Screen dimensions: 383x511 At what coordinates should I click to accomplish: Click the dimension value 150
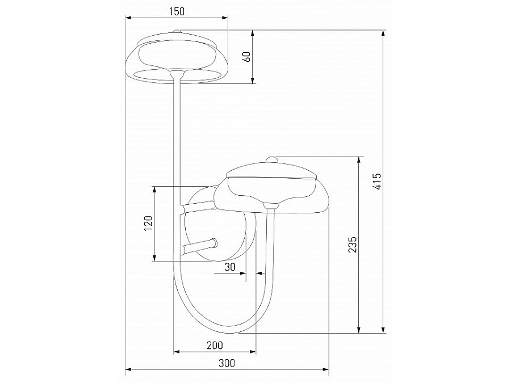(x=177, y=11)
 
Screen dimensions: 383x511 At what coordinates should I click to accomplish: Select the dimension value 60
(x=246, y=57)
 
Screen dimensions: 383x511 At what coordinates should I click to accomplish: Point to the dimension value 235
(x=353, y=245)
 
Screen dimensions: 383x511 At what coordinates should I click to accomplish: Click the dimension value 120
(x=147, y=224)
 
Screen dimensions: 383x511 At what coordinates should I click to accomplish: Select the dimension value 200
(x=215, y=345)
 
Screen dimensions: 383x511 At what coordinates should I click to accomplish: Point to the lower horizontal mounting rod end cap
(x=213, y=243)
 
